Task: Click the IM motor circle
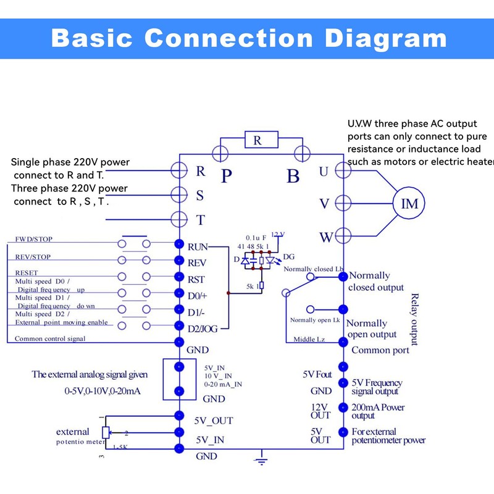pyautogui.click(x=410, y=204)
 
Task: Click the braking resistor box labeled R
pyautogui.click(x=257, y=141)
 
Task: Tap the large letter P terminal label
pyautogui.click(x=227, y=176)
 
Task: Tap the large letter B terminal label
pyautogui.click(x=293, y=176)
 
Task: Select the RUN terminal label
pyautogui.click(x=197, y=246)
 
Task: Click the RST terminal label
pyautogui.click(x=196, y=279)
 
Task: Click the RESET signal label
pyautogui.click(x=27, y=272)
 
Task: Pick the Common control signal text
pyautogui.click(x=50, y=338)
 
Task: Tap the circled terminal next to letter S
pyautogui.click(x=179, y=195)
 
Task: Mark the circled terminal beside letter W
pyautogui.click(x=343, y=236)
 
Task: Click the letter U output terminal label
pyautogui.click(x=324, y=172)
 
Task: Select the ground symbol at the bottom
pyautogui.click(x=262, y=459)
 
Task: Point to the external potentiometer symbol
pyautogui.click(x=106, y=432)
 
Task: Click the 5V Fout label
pyautogui.click(x=317, y=374)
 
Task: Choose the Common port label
pyautogui.click(x=380, y=350)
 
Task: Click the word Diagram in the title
pyautogui.click(x=385, y=38)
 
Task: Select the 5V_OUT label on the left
pyautogui.click(x=214, y=421)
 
